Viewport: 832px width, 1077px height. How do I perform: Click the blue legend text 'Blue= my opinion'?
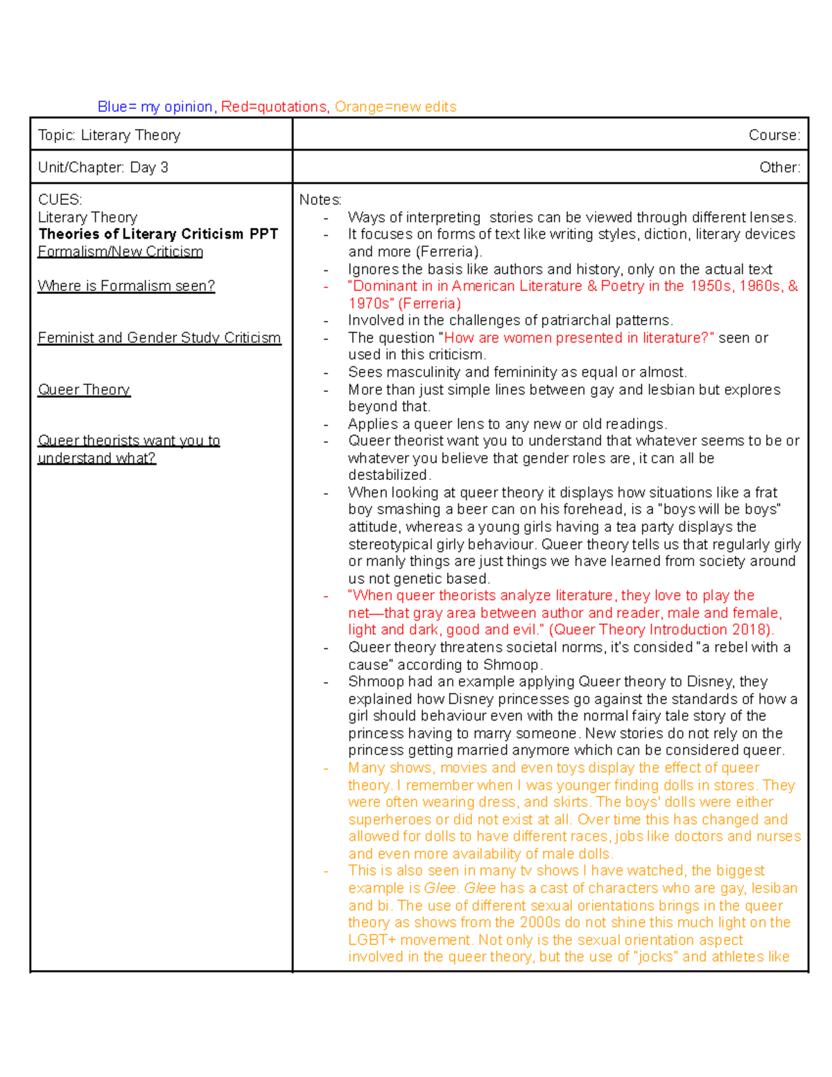[x=155, y=107]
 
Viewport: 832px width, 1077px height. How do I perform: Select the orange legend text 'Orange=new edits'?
[x=395, y=107]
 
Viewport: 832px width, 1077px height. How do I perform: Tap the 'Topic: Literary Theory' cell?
[x=109, y=135]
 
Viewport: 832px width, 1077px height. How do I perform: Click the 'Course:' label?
[x=774, y=135]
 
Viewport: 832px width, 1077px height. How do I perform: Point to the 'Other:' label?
[x=779, y=167]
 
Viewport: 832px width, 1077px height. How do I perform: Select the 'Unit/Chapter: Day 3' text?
[x=103, y=167]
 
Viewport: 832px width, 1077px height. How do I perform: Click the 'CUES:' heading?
[x=60, y=200]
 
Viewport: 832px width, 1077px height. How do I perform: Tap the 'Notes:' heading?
[x=320, y=200]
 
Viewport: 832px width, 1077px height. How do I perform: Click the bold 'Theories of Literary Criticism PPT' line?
[x=158, y=234]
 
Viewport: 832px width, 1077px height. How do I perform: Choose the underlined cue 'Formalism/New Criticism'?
[x=120, y=252]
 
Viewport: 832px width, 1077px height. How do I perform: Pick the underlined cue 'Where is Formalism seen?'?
[x=126, y=286]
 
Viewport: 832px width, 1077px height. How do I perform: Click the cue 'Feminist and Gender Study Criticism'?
[x=159, y=338]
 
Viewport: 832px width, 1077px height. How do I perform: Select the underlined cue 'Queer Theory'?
[x=84, y=390]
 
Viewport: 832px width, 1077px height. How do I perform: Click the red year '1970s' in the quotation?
[x=370, y=303]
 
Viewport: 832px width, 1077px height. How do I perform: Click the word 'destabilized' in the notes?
[x=388, y=475]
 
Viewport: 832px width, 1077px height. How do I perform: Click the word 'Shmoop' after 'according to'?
[x=510, y=664]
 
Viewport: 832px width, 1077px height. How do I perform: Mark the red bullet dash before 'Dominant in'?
[x=326, y=286]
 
